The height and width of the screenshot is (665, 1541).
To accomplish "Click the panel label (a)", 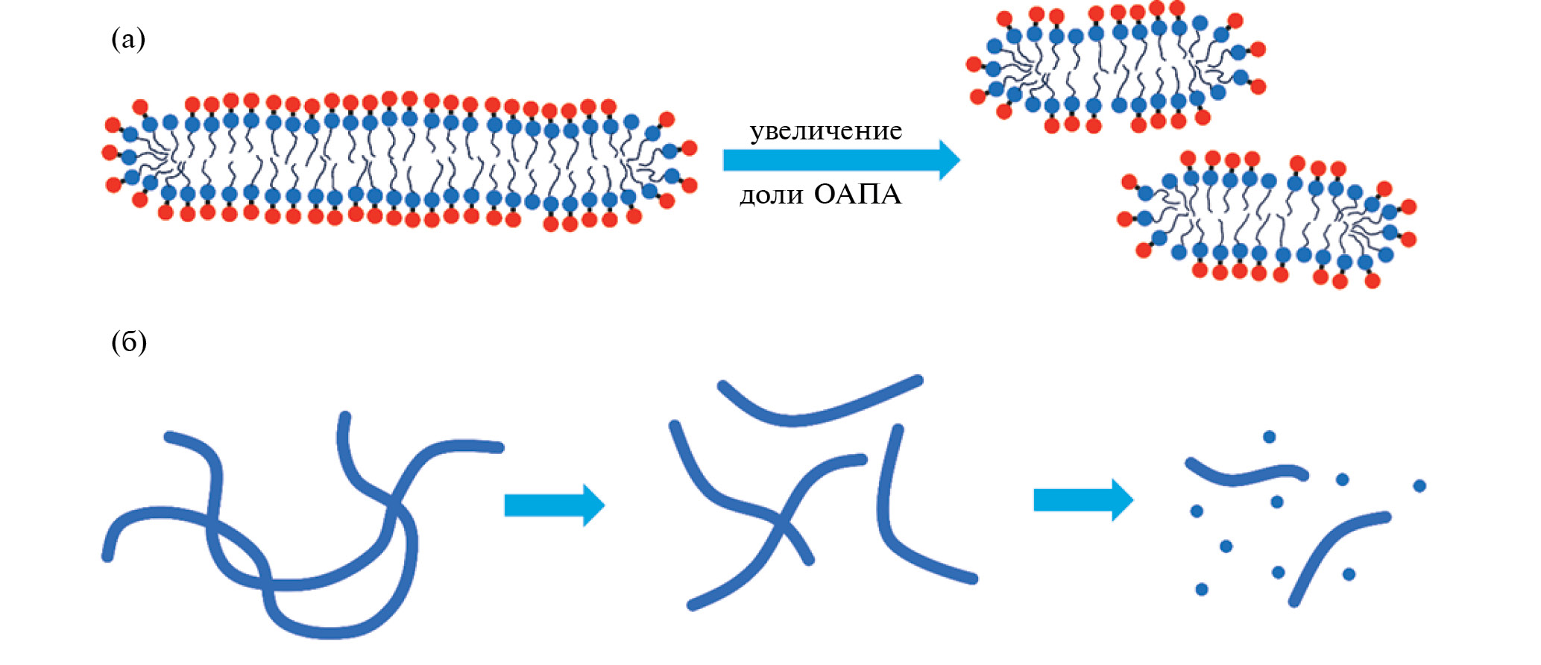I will (x=127, y=39).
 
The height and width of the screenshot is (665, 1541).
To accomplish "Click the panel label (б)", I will (x=129, y=342).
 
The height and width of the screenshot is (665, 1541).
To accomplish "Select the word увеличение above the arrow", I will (x=825, y=131).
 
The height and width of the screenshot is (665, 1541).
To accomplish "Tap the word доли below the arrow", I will (x=771, y=195).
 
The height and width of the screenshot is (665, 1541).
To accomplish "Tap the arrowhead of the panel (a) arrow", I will (x=948, y=160).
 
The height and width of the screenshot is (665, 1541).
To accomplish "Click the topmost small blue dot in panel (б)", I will (x=1269, y=437).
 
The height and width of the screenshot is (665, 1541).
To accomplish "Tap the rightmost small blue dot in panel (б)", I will (x=1419, y=486).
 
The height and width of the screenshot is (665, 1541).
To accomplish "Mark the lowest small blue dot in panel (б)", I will (x=1202, y=590).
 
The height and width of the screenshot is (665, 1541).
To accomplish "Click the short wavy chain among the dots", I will (x=1245, y=475).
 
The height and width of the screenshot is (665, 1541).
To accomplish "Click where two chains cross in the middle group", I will (x=779, y=523).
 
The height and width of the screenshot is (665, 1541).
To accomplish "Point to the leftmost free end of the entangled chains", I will (x=107, y=555).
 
